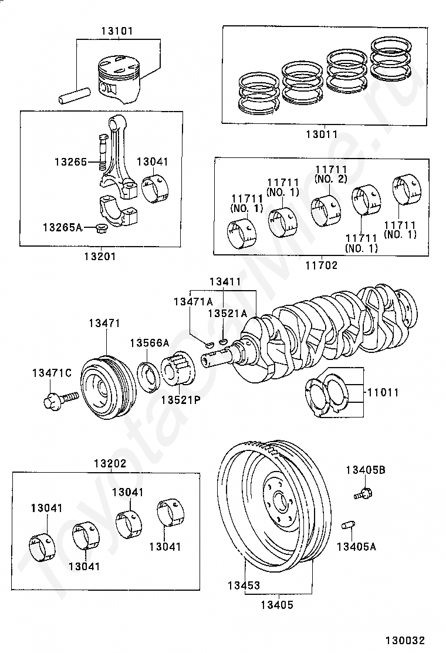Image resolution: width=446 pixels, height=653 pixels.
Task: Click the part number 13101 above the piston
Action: click(118, 31)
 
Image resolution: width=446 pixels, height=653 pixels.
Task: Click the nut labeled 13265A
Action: click(100, 228)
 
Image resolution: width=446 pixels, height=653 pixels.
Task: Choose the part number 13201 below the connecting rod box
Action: click(100, 256)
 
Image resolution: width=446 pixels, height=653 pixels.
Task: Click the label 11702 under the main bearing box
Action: click(322, 265)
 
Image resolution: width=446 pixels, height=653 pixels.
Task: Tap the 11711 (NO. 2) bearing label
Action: click(331, 174)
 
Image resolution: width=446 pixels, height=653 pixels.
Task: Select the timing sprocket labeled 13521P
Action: click(178, 370)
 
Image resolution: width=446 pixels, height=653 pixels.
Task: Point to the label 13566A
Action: click(150, 343)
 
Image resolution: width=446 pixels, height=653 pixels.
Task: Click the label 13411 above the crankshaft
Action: click(225, 281)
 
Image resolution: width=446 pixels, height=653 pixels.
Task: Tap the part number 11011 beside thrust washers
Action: click(383, 392)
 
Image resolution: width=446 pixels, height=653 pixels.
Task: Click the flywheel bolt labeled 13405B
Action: click(363, 493)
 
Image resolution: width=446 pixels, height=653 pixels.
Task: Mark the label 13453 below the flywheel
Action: click(244, 585)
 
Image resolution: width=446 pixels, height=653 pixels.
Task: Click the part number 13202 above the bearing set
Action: click(110, 463)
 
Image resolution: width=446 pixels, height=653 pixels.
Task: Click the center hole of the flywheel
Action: click(281, 500)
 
